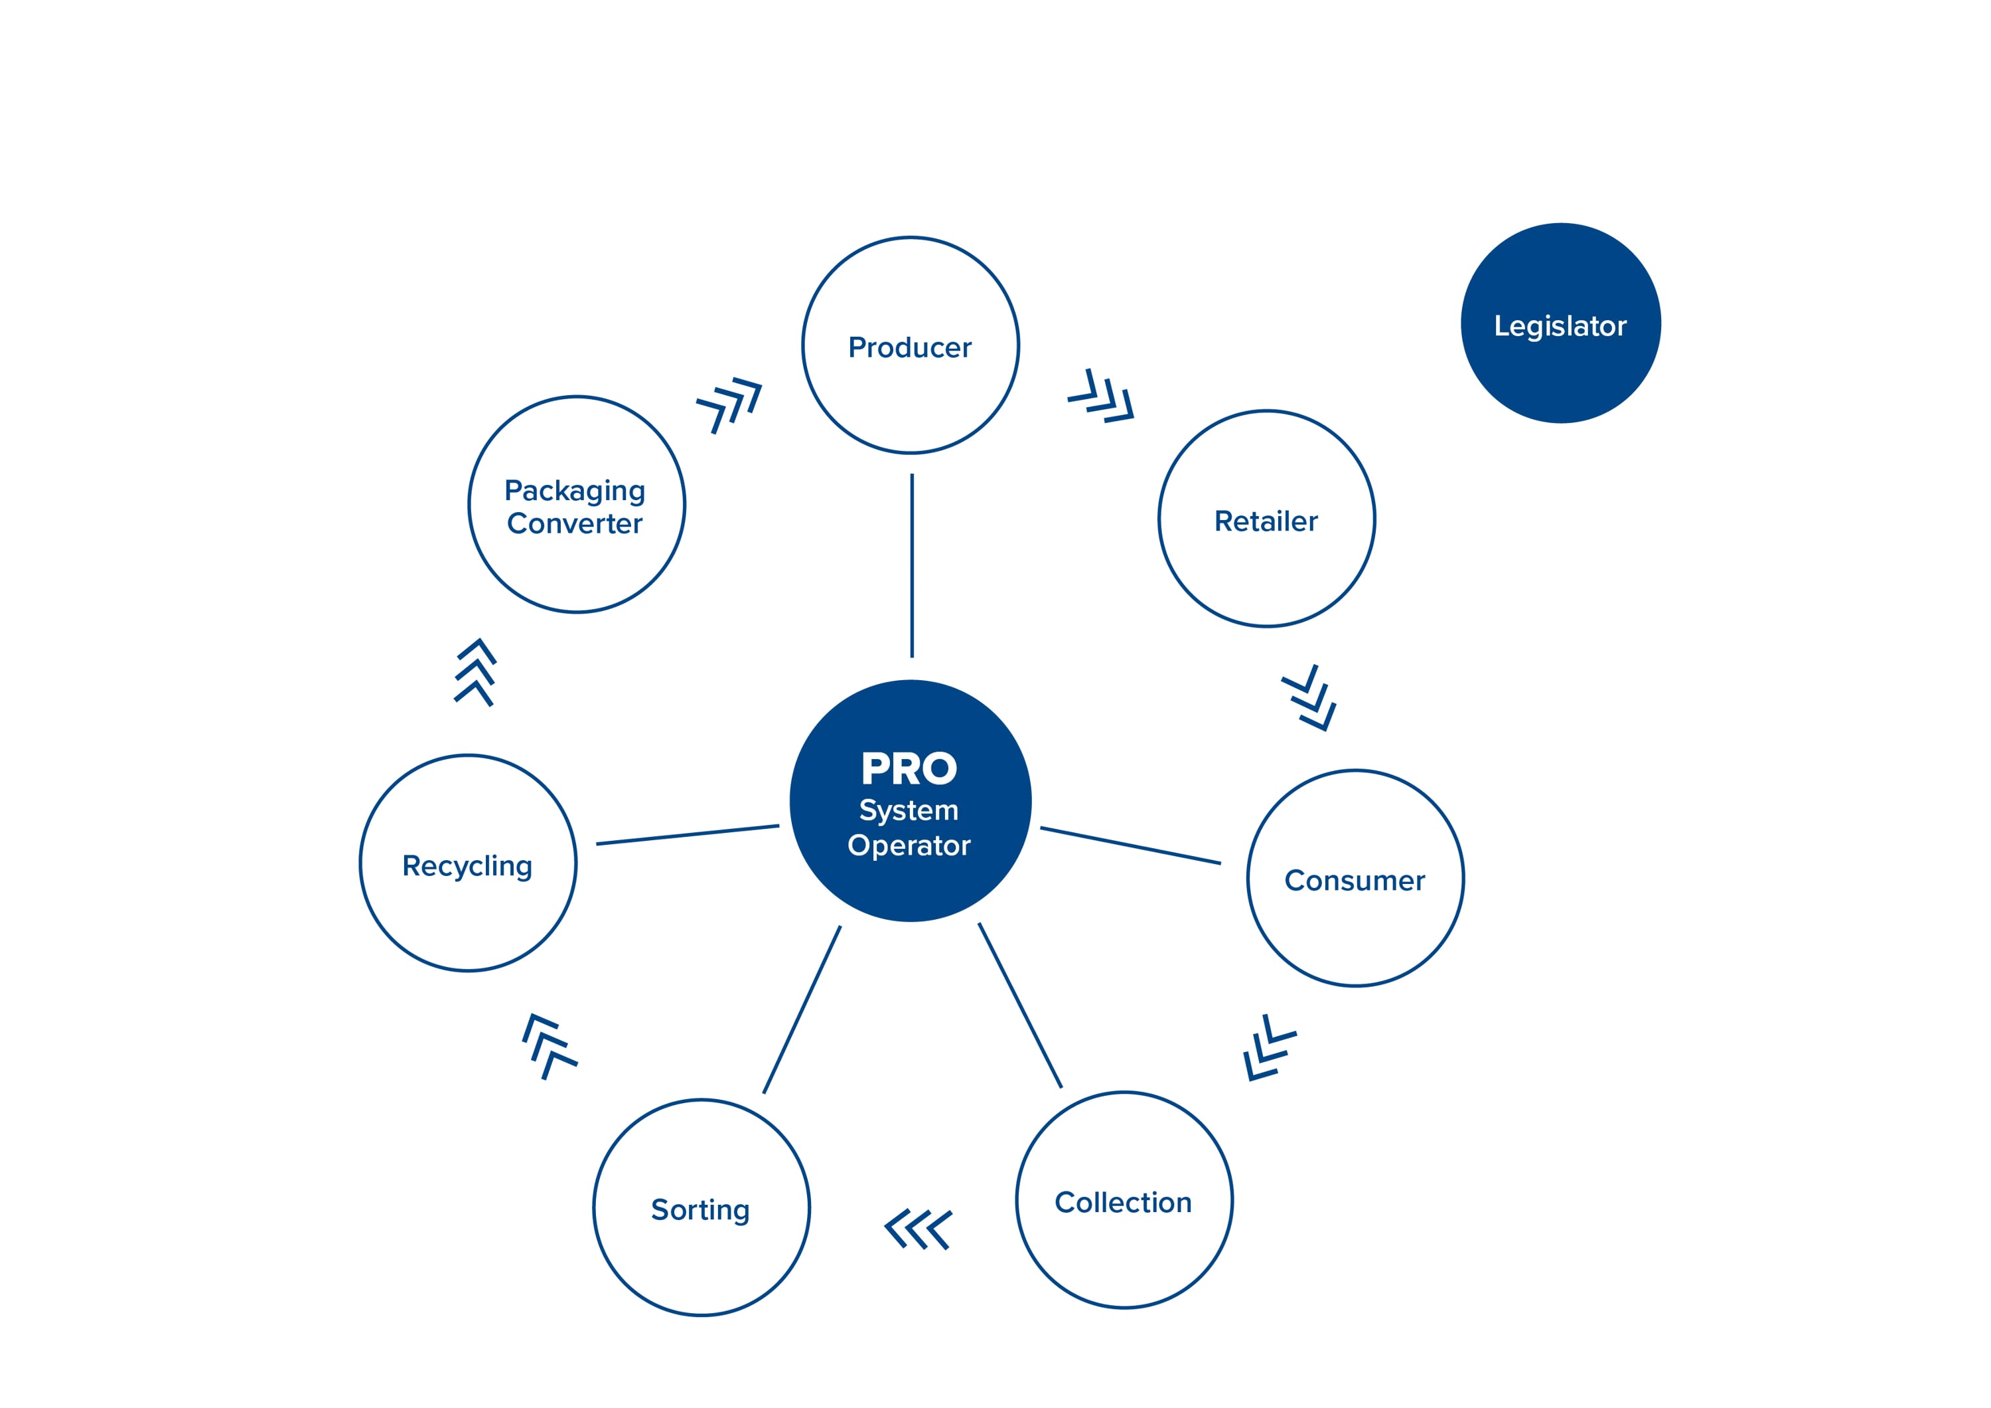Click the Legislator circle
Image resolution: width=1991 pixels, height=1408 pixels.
[1560, 323]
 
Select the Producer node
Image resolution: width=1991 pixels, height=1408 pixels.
[910, 345]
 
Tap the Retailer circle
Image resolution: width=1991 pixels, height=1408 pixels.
[1266, 519]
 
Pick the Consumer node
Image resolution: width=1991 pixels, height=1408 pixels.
[1355, 878]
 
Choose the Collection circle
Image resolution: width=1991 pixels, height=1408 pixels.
[1124, 1200]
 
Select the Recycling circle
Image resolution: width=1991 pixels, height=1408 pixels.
[467, 863]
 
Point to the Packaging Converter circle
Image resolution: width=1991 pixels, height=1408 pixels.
[576, 505]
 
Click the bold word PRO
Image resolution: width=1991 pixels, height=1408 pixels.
[909, 768]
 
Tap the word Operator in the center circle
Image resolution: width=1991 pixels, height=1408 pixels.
[909, 845]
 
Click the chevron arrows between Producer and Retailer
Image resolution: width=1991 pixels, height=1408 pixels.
[1101, 396]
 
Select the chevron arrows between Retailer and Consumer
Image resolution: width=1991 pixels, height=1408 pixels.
[1309, 697]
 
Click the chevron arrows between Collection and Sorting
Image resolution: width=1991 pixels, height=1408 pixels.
[917, 1229]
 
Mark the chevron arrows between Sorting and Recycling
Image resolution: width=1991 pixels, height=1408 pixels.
[549, 1046]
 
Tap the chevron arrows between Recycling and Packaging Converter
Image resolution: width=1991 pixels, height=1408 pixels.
[475, 672]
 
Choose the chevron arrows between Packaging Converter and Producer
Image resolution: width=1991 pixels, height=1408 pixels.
[729, 403]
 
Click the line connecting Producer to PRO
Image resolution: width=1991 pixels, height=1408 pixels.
[911, 565]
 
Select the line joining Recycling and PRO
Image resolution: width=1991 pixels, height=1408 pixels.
[687, 835]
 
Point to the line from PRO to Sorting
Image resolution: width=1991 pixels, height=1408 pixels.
[802, 1009]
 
